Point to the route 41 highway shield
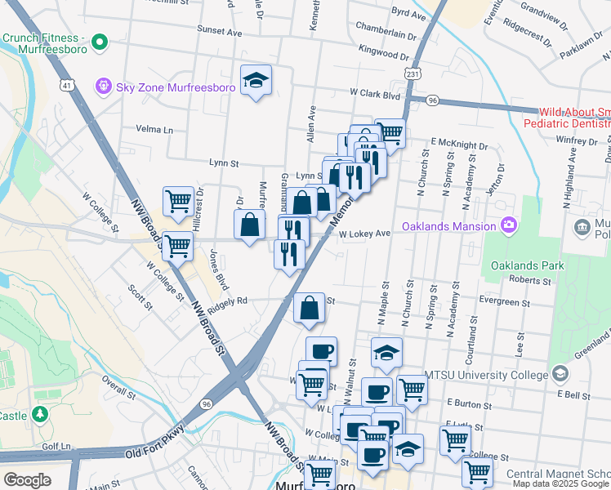pyautogui.click(x=65, y=84)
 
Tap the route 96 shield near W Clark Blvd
pyautogui.click(x=431, y=100)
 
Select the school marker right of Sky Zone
pyautogui.click(x=256, y=80)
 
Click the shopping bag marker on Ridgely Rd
pyautogui.click(x=310, y=309)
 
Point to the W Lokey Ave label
pyautogui.click(x=365, y=234)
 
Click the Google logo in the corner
pyautogui.click(x=27, y=480)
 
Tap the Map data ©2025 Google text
pyautogui.click(x=560, y=483)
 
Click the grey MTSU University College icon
pyautogui.click(x=560, y=374)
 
